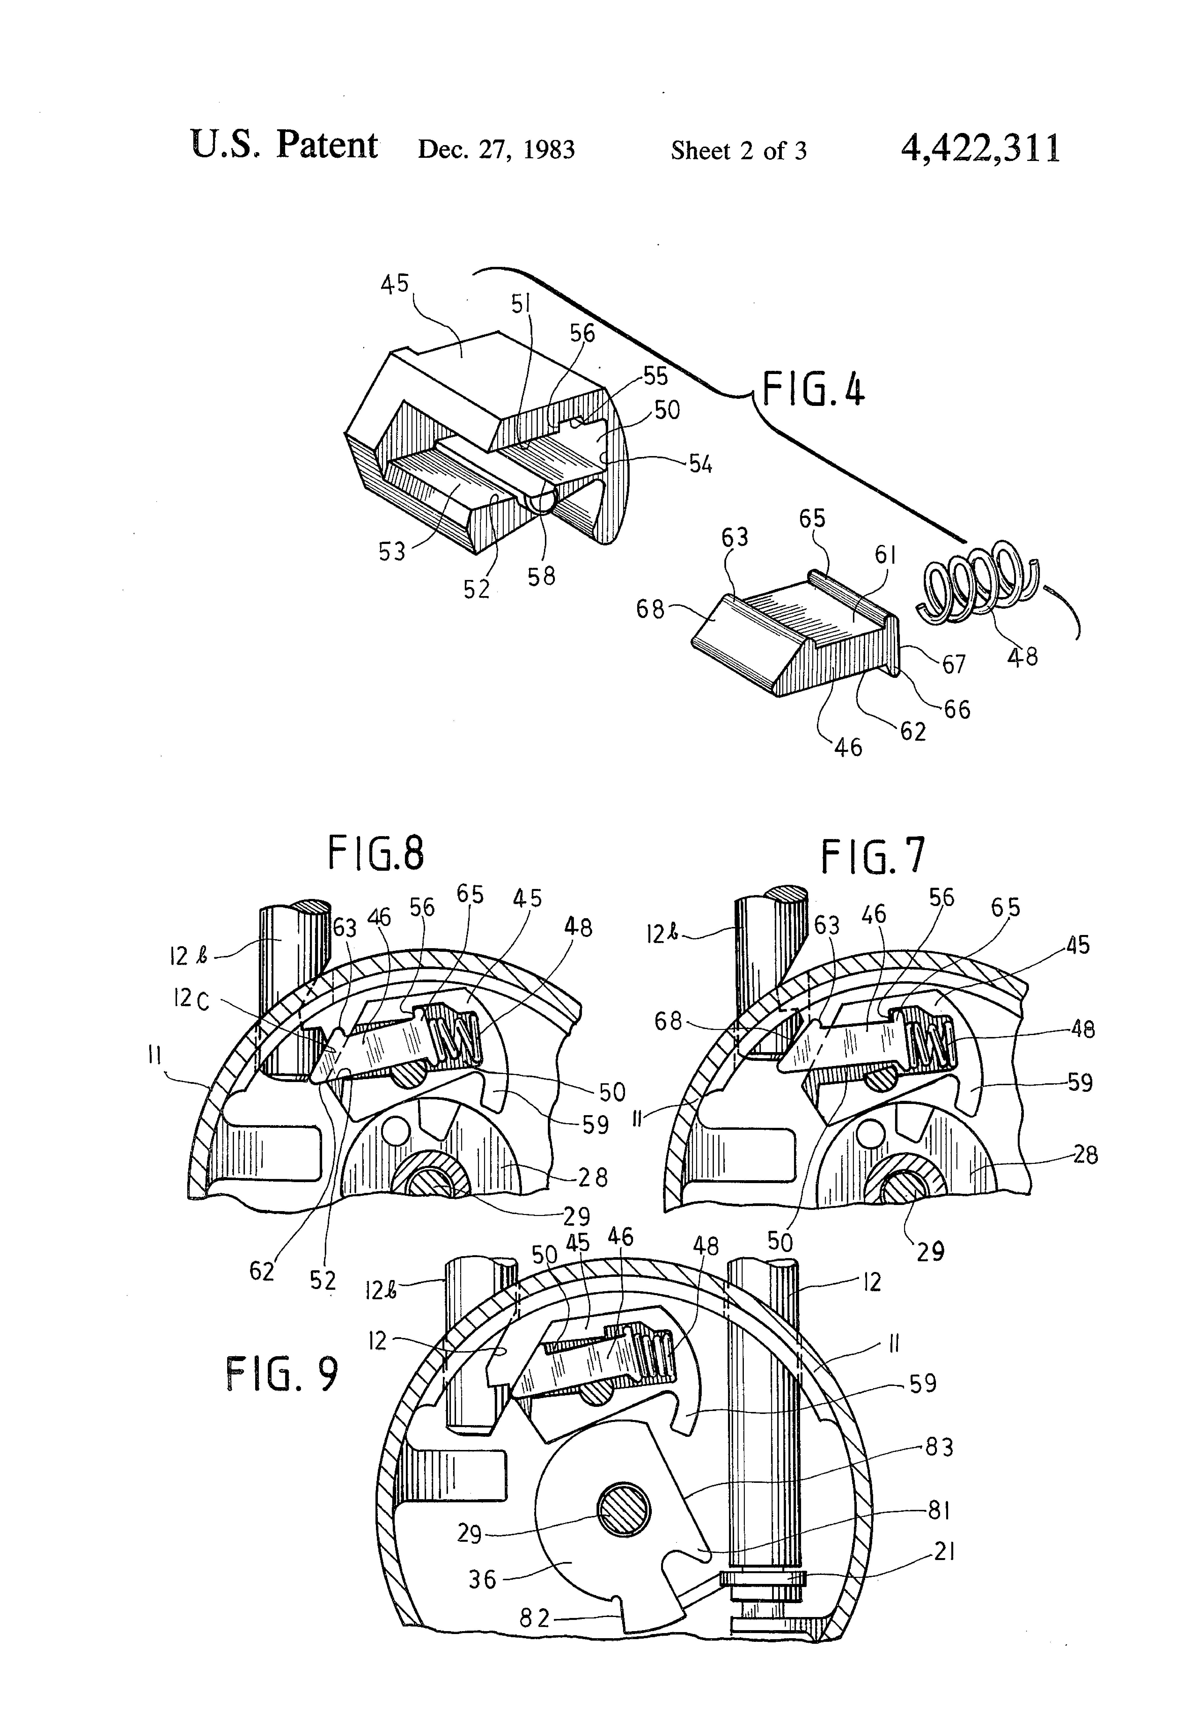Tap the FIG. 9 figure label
282,1373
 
